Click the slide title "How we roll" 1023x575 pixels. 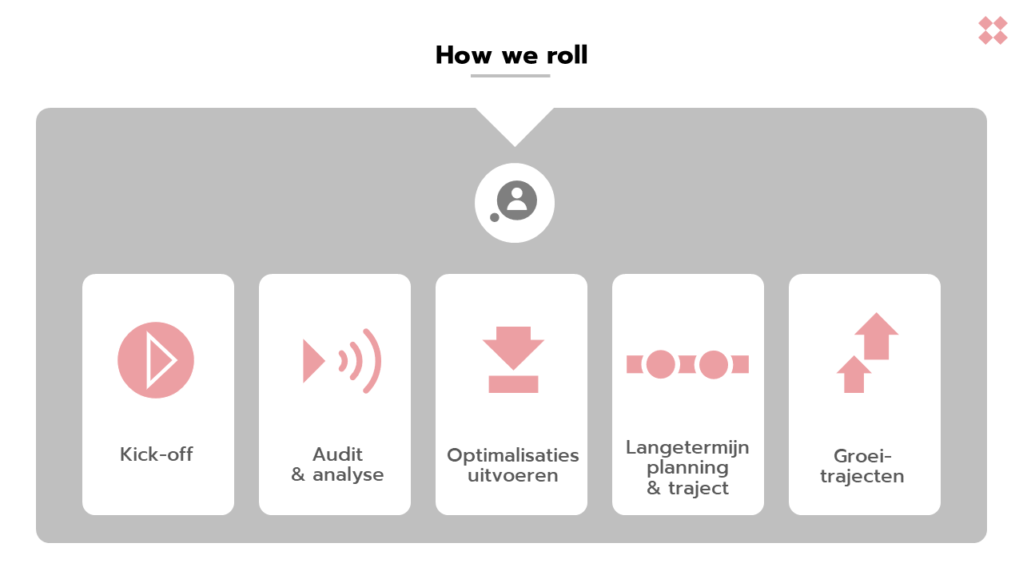511,55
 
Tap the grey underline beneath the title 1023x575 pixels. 511,76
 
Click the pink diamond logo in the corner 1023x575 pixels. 993,30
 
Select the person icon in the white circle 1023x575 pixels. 517,200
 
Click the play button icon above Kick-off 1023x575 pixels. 156,360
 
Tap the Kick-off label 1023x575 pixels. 157,454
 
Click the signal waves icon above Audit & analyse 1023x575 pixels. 342,361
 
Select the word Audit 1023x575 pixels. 337,454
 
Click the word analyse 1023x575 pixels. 348,475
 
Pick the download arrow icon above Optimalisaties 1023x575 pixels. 513,359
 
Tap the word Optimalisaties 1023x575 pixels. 512,455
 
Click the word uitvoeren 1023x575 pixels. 512,476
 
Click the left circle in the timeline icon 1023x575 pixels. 661,364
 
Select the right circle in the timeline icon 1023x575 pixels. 714,364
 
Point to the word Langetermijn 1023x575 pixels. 687,447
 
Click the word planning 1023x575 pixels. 687,467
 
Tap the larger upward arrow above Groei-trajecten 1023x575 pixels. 877,335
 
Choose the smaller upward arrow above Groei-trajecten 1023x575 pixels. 854,374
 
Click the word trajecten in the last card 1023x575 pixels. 862,477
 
